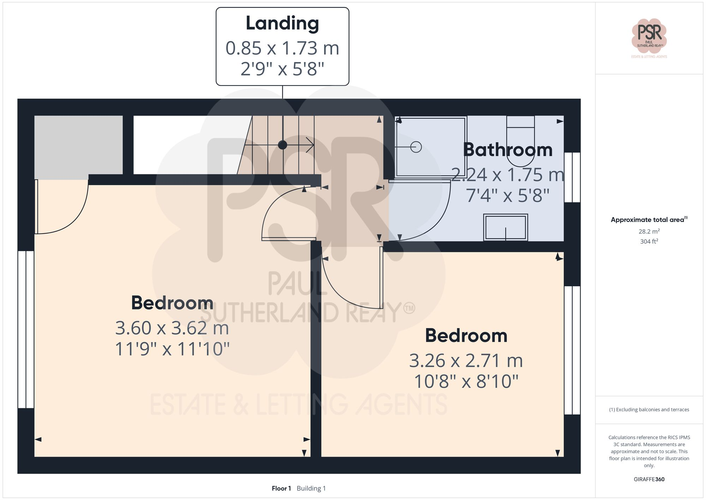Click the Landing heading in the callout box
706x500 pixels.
pyautogui.click(x=282, y=24)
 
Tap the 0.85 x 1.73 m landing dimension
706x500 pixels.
pyautogui.click(x=282, y=48)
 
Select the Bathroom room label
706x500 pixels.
pyautogui.click(x=508, y=150)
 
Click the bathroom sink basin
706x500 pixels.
pyautogui.click(x=505, y=228)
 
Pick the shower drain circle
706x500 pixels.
pyautogui.click(x=416, y=147)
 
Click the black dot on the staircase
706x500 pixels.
pyautogui.click(x=282, y=145)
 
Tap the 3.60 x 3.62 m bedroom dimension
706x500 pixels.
pyautogui.click(x=172, y=328)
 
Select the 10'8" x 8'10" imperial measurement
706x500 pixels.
pyautogui.click(x=466, y=382)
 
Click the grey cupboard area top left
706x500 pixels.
pyautogui.click(x=78, y=145)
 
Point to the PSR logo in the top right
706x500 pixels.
pyautogui.click(x=649, y=35)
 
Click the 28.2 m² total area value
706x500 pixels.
pyautogui.click(x=649, y=231)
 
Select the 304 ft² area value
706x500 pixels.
pyautogui.click(x=649, y=242)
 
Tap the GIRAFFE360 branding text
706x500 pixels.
pyautogui.click(x=649, y=480)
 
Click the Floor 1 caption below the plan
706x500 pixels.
pyautogui.click(x=281, y=488)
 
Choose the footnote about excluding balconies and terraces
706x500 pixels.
pyautogui.click(x=649, y=410)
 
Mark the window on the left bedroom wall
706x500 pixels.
pyautogui.click(x=26, y=329)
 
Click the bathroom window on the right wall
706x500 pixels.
pyautogui.click(x=572, y=177)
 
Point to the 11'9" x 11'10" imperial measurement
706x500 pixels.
pyautogui.click(x=172, y=349)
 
